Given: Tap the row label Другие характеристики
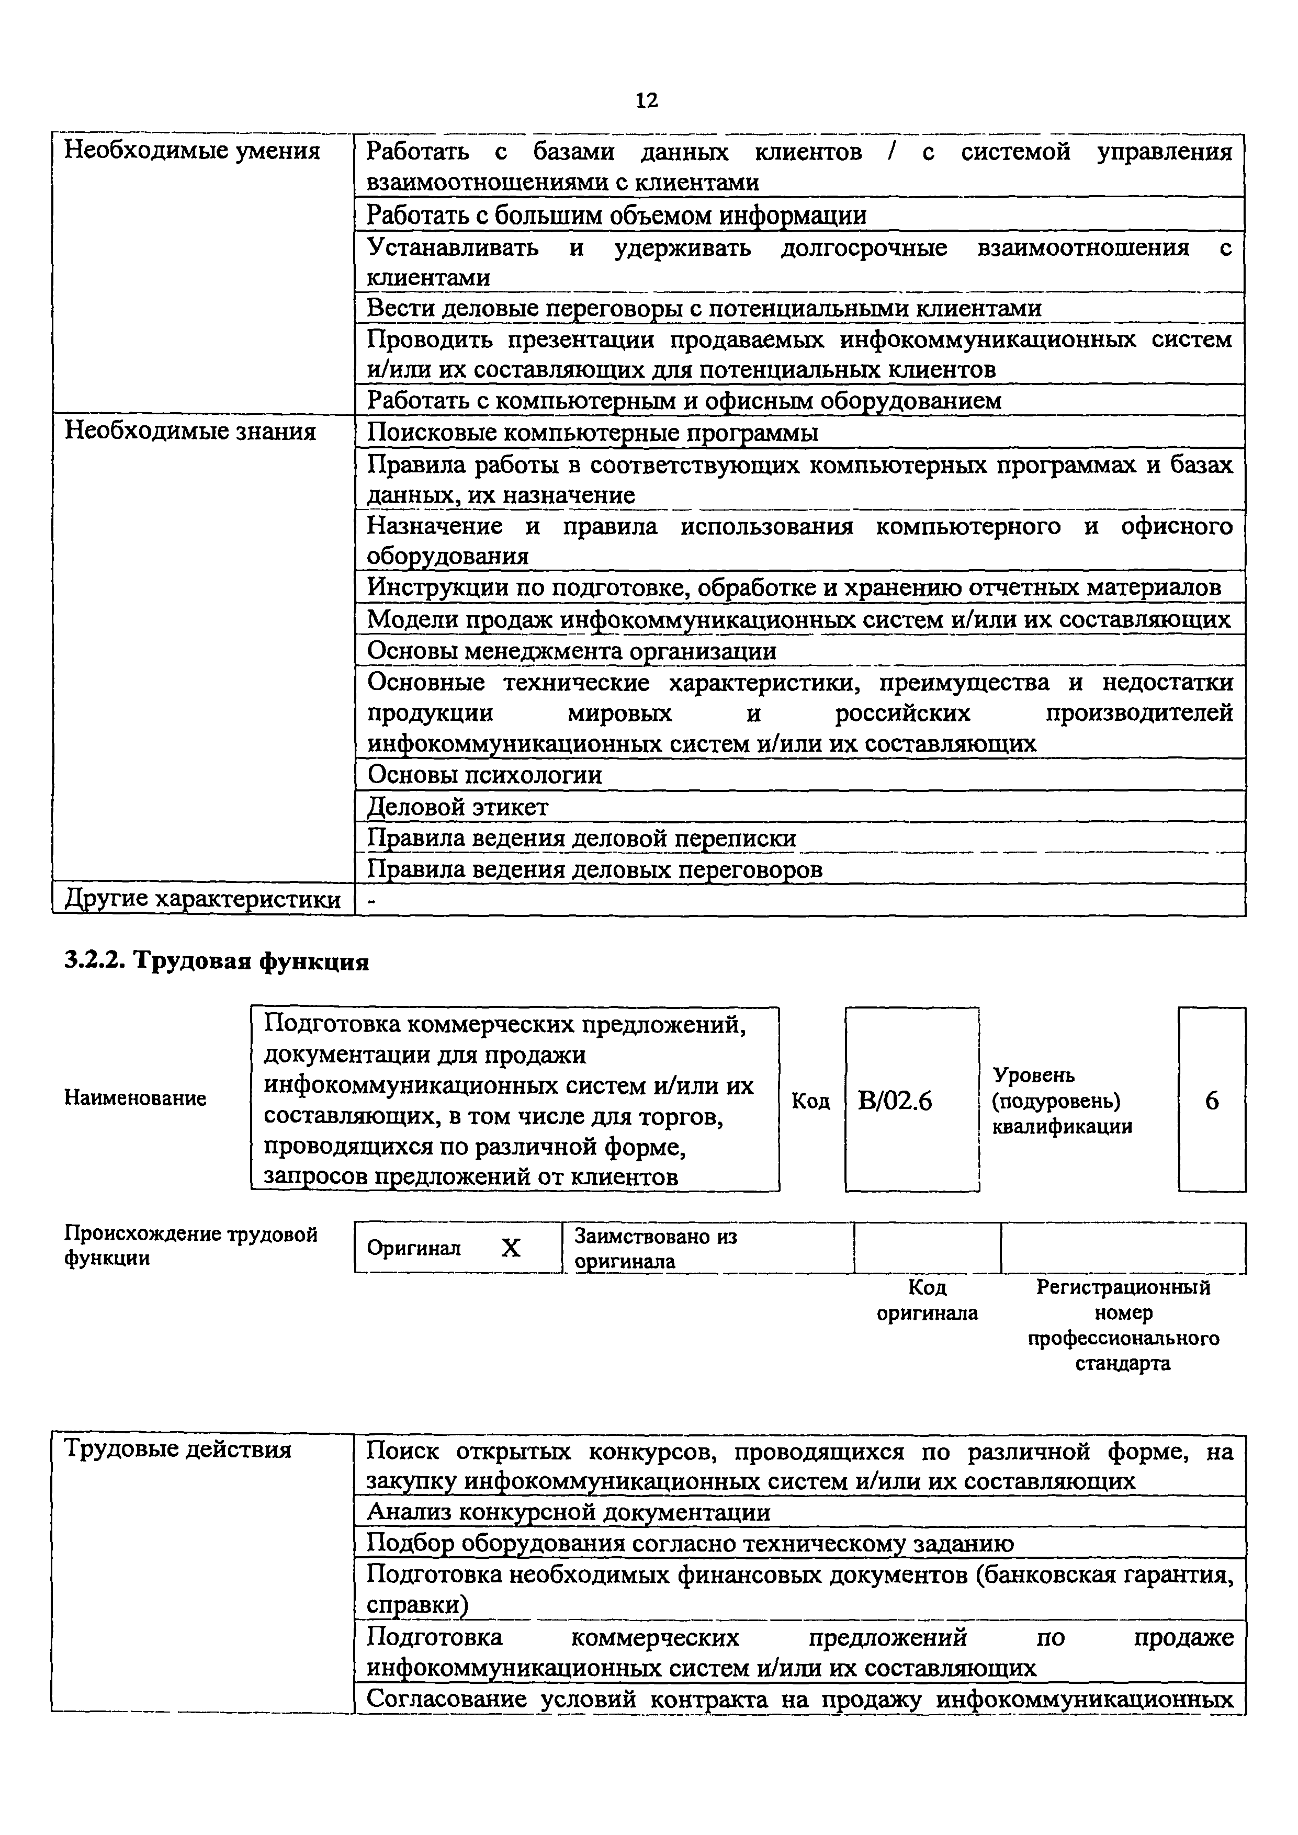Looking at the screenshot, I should tap(202, 899).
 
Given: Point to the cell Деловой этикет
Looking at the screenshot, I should tap(457, 807).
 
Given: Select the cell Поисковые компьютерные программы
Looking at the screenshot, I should tap(592, 433).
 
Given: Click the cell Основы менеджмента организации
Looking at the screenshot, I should tap(571, 651).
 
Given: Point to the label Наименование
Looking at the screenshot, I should tap(134, 1098).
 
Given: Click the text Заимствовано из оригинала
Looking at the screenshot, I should tap(656, 1249).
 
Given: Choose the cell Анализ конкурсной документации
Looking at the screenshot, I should tap(568, 1512).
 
